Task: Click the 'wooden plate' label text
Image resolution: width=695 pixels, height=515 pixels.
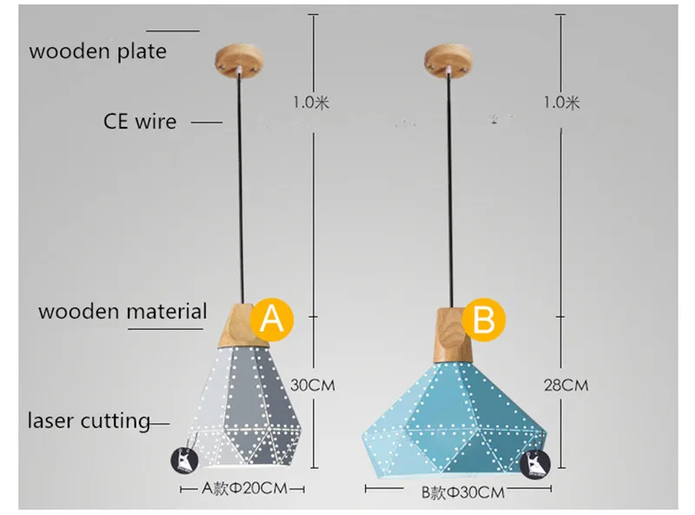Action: click(x=98, y=51)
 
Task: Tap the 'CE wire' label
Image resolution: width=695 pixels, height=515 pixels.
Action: click(x=140, y=122)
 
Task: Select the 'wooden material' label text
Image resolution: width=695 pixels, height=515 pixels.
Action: click(x=122, y=312)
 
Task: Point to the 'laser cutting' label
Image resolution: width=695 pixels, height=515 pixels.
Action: click(x=89, y=420)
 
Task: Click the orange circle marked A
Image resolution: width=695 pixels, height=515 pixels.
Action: click(x=272, y=320)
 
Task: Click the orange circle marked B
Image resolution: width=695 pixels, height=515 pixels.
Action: click(x=484, y=320)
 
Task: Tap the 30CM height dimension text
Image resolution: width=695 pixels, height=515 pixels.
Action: click(x=313, y=385)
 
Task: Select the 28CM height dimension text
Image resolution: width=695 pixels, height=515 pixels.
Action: click(x=566, y=385)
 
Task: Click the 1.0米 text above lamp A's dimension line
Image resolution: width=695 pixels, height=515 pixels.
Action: click(x=311, y=102)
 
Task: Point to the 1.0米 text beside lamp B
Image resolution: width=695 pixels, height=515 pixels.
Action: click(x=562, y=102)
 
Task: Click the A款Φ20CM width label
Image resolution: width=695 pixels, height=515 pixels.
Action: click(x=245, y=488)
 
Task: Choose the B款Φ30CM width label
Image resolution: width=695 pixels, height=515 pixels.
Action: click(x=463, y=492)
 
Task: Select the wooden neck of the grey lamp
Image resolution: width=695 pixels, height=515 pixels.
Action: click(x=244, y=326)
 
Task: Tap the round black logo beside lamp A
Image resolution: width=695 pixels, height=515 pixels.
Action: click(x=184, y=459)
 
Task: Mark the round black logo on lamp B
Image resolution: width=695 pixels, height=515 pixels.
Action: click(x=535, y=465)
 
